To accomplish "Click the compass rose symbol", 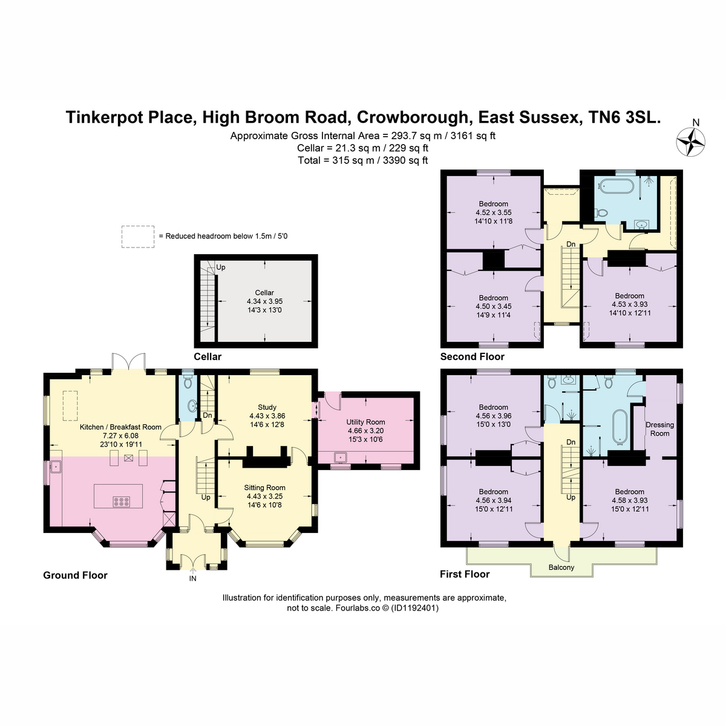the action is pos(690,142).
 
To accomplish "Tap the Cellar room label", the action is pos(264,293).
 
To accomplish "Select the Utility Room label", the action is pos(365,422).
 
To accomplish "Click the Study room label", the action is pos(267,407).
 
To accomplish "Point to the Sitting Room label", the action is pos(264,488).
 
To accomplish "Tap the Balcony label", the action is pos(561,567).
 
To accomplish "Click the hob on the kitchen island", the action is pos(122,501).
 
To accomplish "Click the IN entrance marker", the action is pos(192,578).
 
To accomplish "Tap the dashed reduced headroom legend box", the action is pos(138,237).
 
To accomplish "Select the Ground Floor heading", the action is pos(76,575).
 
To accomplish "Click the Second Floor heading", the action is pos(472,356).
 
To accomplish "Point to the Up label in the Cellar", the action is pos(220,267).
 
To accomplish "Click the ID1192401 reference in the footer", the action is pos(415,607).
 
